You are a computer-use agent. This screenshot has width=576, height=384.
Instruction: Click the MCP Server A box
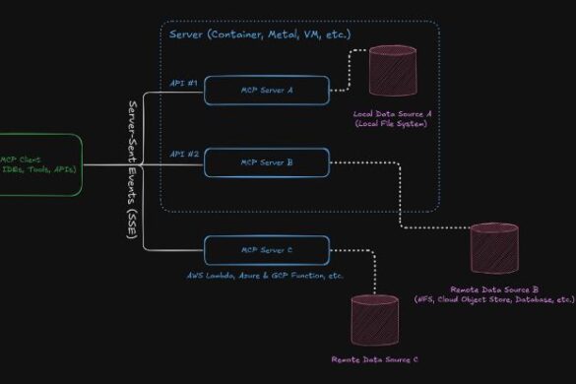pos(266,91)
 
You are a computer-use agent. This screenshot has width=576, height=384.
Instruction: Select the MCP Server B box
pos(266,161)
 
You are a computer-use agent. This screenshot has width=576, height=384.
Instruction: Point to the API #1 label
pos(184,84)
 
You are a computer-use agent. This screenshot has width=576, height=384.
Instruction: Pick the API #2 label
pos(184,155)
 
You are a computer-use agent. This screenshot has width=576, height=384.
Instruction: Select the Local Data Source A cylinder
pos(393,71)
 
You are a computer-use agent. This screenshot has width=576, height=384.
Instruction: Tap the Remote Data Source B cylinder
pos(493,250)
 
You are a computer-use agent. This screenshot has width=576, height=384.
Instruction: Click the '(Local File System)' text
pos(394,125)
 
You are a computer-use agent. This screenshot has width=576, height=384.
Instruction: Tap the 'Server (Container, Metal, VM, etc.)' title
pos(260,35)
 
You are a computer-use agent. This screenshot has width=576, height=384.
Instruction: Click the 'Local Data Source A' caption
pos(394,114)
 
